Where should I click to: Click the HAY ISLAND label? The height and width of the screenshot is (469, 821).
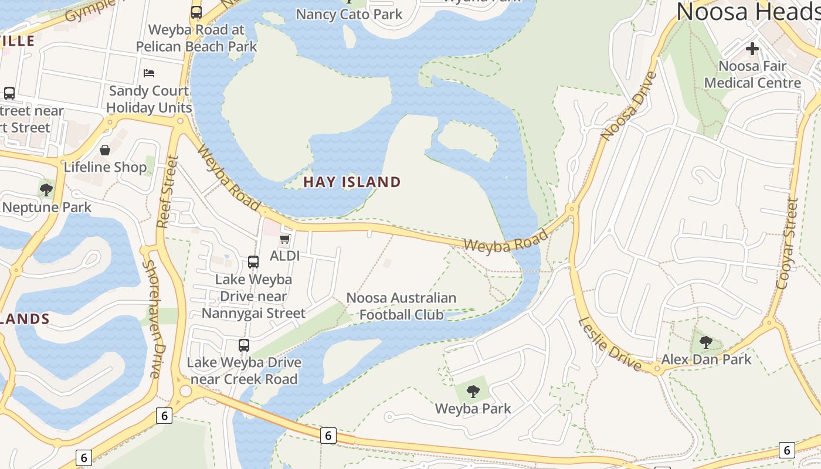[352, 182]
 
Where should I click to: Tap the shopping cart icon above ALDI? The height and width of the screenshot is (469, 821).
[284, 239]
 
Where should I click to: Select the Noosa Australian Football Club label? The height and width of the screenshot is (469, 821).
[401, 306]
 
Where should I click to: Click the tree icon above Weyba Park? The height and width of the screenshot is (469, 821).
[473, 391]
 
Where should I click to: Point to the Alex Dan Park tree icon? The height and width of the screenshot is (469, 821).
[706, 342]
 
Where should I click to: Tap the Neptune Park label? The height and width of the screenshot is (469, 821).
[47, 208]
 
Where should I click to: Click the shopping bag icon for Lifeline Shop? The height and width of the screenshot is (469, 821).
[105, 150]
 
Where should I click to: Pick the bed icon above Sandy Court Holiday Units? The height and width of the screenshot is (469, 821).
[149, 73]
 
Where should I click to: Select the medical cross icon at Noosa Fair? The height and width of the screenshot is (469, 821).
[752, 49]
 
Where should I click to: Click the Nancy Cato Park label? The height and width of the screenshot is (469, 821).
[349, 14]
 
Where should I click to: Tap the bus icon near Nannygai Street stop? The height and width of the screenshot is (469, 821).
[253, 262]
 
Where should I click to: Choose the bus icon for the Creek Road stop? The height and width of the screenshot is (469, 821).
[244, 345]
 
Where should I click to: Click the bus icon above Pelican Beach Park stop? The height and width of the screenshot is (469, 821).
[196, 12]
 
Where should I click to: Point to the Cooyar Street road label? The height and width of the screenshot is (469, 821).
[788, 243]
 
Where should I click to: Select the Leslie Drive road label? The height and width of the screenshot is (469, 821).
[610, 344]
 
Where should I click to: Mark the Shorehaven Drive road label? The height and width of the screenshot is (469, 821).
[152, 320]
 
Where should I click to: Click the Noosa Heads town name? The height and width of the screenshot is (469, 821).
[748, 12]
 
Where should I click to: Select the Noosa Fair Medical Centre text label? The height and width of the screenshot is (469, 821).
[752, 74]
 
